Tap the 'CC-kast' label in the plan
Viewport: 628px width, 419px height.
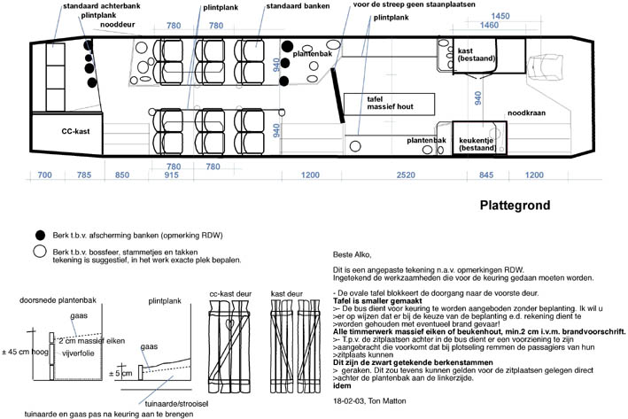pos(78,132)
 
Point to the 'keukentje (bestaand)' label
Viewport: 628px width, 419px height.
pos(478,144)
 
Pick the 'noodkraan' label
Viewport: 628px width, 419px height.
pos(525,113)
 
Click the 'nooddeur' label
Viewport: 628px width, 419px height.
pos(118,26)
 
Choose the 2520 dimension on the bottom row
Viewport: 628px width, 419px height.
pos(406,176)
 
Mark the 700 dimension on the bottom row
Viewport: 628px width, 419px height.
pos(45,176)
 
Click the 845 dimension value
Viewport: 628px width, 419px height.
pos(487,176)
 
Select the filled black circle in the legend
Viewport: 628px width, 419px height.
pos(39,235)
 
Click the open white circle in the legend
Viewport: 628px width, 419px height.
pos(39,252)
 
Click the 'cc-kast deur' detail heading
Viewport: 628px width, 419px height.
pos(232,292)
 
